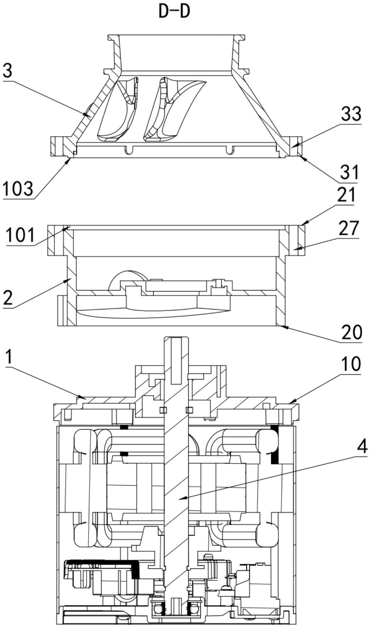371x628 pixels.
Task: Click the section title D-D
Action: pos(174,11)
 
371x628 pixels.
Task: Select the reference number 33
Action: pos(351,114)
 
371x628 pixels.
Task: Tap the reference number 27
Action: pos(348,229)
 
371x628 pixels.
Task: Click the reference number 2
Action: pos(8,298)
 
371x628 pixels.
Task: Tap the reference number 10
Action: pos(351,364)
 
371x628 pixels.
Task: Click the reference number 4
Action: pos(362,446)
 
